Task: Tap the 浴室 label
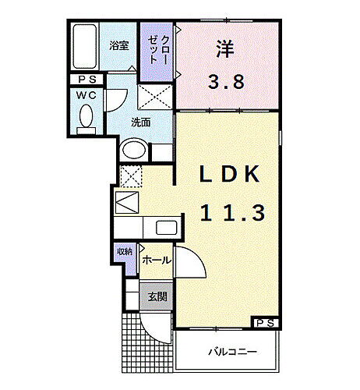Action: (x=119, y=44)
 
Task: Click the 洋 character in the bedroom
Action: (x=224, y=48)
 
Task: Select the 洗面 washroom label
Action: (x=140, y=122)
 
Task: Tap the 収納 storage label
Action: (x=125, y=252)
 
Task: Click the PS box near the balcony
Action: (x=264, y=321)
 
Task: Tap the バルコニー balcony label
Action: (x=231, y=352)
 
